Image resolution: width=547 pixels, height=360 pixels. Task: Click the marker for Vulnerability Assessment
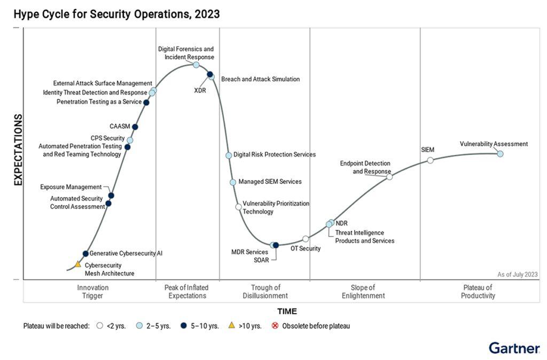pyautogui.click(x=500, y=154)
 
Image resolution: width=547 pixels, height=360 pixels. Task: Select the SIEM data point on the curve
pyautogui.click(x=430, y=160)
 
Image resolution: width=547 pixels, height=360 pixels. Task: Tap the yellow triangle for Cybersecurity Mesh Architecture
pyautogui.click(x=77, y=264)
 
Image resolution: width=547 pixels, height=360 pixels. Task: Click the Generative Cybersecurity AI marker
pyautogui.click(x=85, y=254)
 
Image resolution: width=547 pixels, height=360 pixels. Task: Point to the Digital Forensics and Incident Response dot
pyautogui.click(x=196, y=65)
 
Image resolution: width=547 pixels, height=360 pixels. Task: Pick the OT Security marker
pyautogui.click(x=306, y=239)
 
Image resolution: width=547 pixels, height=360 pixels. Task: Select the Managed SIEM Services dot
pyautogui.click(x=233, y=182)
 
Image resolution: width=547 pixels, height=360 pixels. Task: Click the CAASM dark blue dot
pyautogui.click(x=135, y=127)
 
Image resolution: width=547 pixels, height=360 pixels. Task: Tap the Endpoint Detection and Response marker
pyautogui.click(x=389, y=177)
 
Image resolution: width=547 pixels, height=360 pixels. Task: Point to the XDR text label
pyautogui.click(x=200, y=90)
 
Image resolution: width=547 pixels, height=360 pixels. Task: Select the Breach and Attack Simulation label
pyautogui.click(x=260, y=79)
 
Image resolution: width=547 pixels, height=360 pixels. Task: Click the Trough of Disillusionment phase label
pyautogui.click(x=265, y=292)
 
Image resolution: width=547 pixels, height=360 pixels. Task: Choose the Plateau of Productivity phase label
pyautogui.click(x=478, y=292)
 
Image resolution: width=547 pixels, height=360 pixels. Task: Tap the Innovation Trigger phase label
pyautogui.click(x=92, y=292)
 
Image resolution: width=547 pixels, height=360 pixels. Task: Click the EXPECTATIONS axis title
pyautogui.click(x=18, y=150)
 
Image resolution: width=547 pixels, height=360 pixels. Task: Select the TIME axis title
pyautogui.click(x=287, y=311)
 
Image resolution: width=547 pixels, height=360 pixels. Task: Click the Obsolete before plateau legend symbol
pyautogui.click(x=275, y=326)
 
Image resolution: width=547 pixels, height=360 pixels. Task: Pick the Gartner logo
pyautogui.click(x=514, y=348)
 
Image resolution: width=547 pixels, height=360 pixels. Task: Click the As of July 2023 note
pyautogui.click(x=517, y=275)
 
